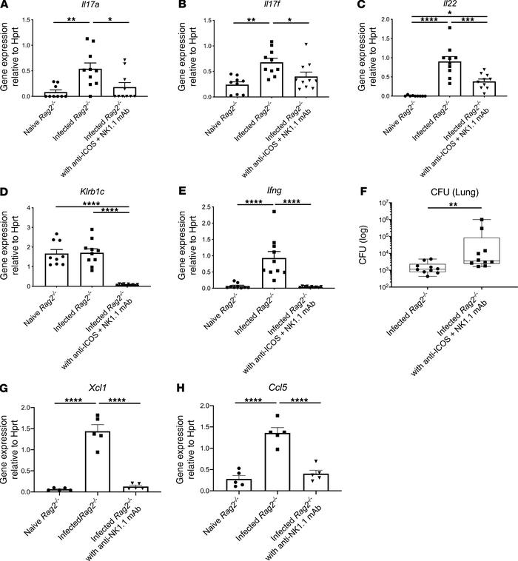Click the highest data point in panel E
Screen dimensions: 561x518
click(253, 212)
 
